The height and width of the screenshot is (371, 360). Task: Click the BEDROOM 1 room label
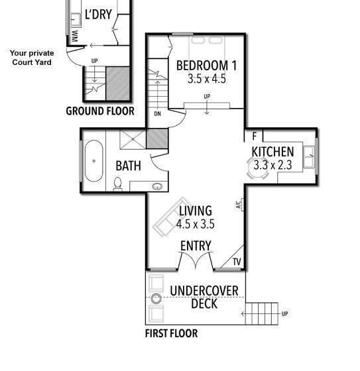tap(206, 66)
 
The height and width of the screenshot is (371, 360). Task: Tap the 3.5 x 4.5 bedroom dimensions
tap(206, 78)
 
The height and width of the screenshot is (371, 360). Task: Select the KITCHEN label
tap(272, 152)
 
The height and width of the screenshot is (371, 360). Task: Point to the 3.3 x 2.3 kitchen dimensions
tap(272, 166)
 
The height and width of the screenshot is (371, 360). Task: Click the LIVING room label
tap(196, 211)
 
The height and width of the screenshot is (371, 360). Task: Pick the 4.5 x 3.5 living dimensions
tap(196, 224)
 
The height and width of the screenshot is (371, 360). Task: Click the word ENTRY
tap(196, 246)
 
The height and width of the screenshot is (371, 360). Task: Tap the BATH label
tap(128, 166)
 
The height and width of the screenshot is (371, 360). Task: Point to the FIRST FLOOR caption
tap(171, 334)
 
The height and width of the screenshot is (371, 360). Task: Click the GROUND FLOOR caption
tap(99, 111)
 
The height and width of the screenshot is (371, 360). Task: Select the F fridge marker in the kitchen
tap(253, 136)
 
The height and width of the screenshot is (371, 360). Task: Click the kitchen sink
tap(309, 158)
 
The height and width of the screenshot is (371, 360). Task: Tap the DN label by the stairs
tap(157, 114)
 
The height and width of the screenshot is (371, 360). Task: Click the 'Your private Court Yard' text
tap(31, 58)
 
